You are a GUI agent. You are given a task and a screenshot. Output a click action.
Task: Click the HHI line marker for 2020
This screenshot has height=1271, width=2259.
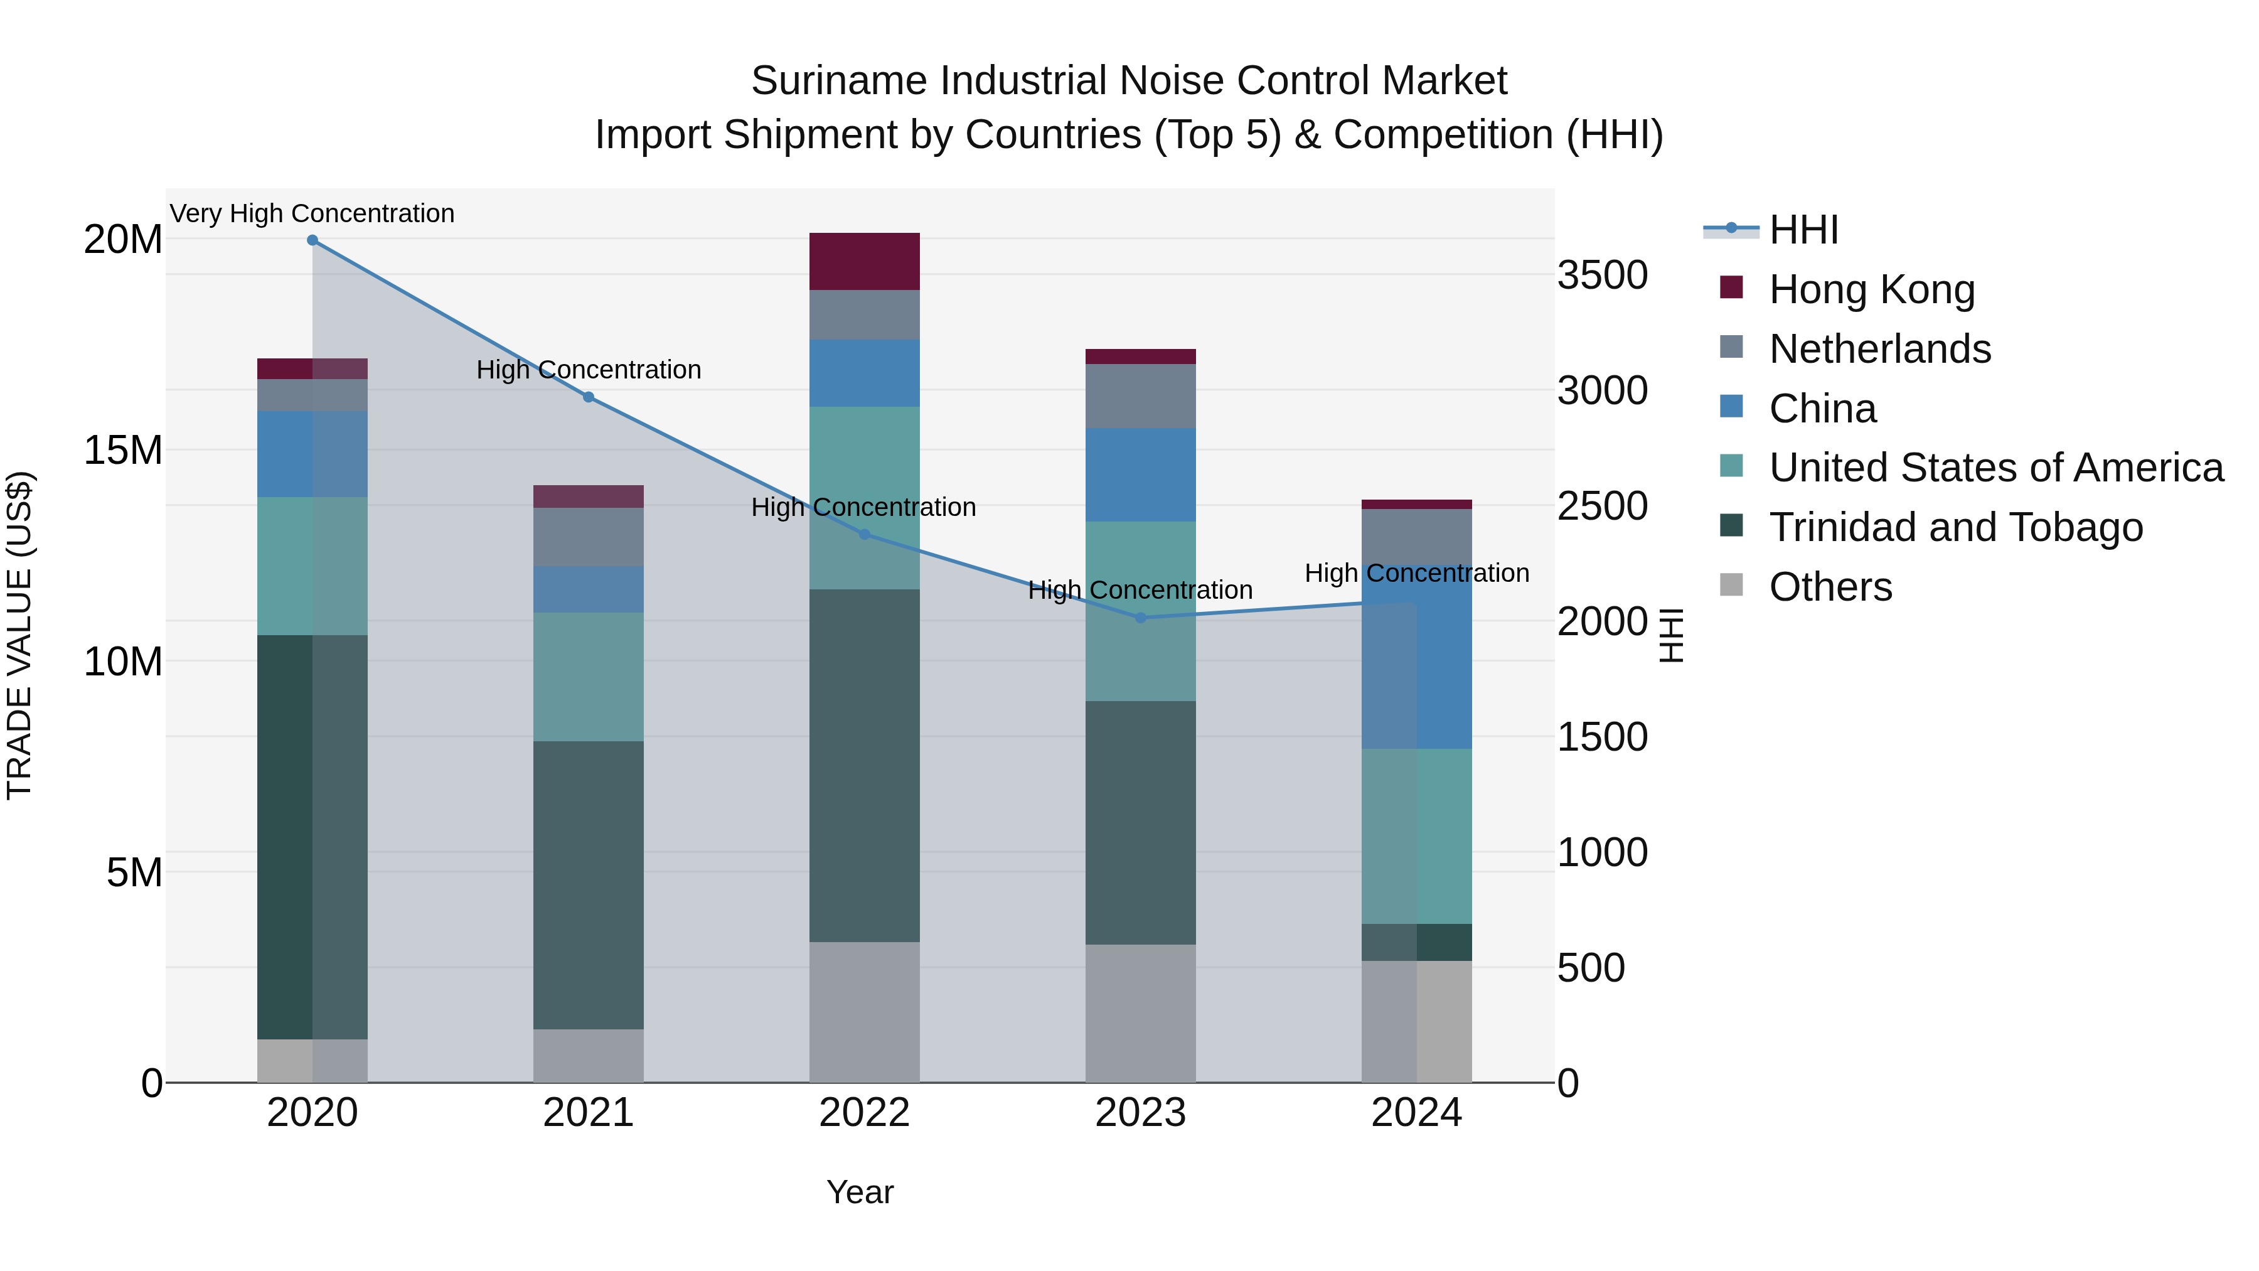click(312, 240)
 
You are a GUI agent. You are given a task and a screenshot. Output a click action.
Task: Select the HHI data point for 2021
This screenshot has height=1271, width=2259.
click(589, 397)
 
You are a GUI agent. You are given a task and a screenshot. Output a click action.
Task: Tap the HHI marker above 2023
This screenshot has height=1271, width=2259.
click(1140, 618)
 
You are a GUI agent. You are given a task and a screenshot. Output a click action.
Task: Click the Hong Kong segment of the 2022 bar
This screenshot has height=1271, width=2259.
click(864, 261)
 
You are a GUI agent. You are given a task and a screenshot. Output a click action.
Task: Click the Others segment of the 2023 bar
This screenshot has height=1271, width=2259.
click(1140, 1013)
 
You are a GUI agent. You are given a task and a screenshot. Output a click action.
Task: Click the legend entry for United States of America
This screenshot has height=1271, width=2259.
click(1995, 468)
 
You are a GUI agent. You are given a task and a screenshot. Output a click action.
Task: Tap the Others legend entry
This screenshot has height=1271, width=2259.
click(1830, 587)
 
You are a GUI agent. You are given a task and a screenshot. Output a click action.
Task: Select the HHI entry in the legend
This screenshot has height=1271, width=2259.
click(1803, 230)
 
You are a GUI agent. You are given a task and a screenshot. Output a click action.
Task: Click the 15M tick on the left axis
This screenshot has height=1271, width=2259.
click(124, 450)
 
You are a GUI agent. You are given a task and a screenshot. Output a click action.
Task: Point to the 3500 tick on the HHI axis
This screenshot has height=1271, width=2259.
click(1601, 276)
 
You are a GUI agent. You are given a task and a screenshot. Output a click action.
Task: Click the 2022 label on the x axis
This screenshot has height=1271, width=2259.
click(864, 1113)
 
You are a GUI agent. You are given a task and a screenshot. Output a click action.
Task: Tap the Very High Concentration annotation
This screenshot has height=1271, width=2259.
click(312, 213)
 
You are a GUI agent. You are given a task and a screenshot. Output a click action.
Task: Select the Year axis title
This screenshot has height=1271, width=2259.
click(860, 1192)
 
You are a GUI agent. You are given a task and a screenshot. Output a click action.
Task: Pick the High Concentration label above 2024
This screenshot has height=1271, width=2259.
click(1416, 573)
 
